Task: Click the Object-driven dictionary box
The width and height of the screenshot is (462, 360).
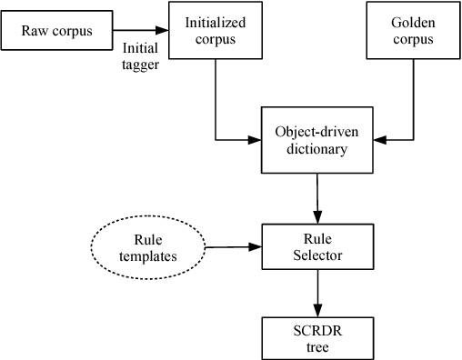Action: coord(317,140)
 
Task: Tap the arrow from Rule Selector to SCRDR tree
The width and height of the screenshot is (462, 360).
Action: coord(317,293)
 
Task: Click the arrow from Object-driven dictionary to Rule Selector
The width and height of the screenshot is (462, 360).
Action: coord(317,195)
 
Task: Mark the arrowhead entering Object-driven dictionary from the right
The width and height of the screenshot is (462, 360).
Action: coord(379,140)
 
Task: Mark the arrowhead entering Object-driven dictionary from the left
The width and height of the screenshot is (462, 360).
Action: coord(256,140)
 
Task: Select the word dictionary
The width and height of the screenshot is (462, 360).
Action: coord(317,149)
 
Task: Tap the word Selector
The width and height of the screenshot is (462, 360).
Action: coord(317,255)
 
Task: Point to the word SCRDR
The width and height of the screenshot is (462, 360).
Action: coord(317,327)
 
